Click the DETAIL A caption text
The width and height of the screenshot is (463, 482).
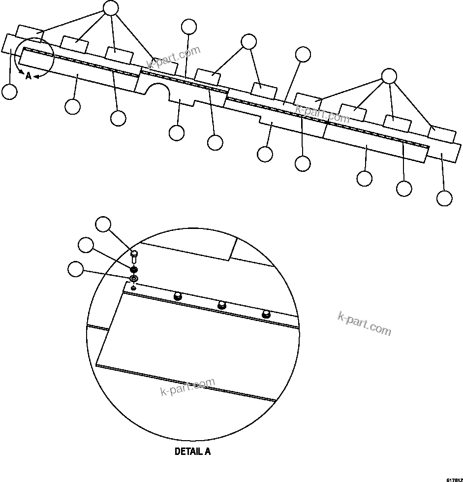[192, 451]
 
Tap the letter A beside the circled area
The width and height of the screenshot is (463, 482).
[29, 76]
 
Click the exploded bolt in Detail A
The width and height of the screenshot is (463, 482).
[133, 257]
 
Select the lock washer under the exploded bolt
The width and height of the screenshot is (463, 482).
[133, 269]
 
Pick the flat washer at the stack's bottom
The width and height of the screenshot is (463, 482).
[133, 279]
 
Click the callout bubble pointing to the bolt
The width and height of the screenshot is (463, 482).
[103, 224]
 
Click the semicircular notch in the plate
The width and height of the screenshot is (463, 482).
[157, 91]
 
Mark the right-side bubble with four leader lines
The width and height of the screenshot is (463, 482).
[389, 75]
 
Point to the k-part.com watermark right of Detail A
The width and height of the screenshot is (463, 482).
[364, 323]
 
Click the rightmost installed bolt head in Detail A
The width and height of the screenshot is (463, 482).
[266, 313]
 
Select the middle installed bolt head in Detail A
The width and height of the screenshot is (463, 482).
[222, 304]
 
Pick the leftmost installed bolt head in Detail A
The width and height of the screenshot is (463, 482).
[178, 295]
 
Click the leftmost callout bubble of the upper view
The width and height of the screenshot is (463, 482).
[9, 92]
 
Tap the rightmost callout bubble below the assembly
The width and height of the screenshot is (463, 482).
[444, 198]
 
